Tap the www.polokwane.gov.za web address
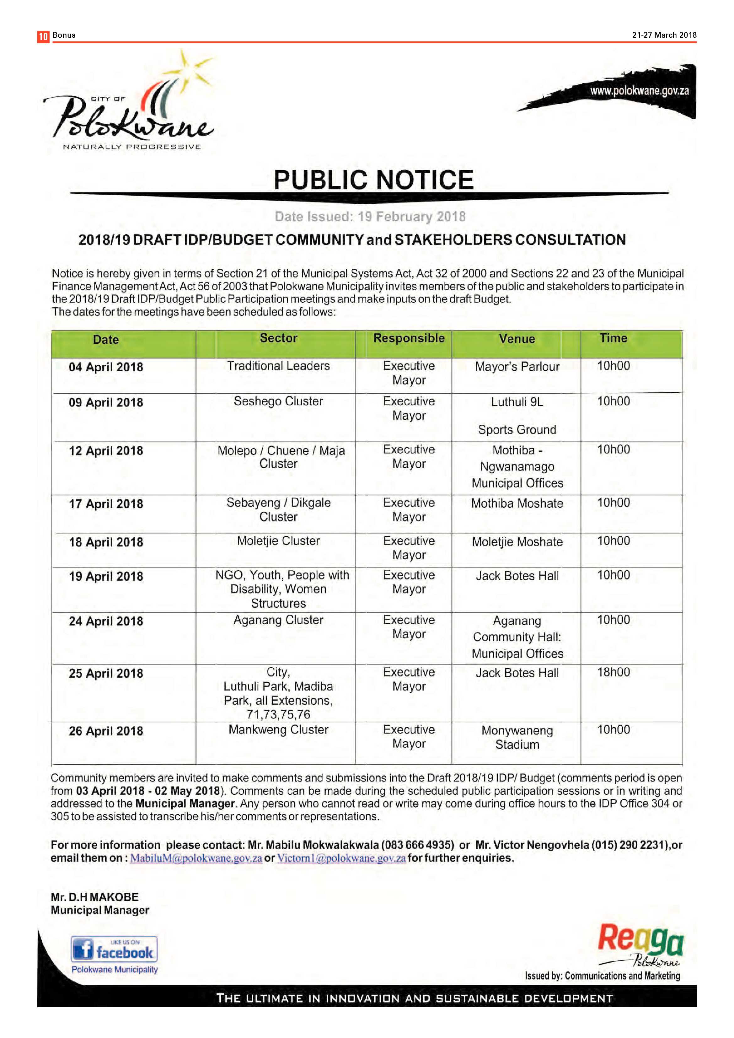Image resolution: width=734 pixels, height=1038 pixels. (639, 91)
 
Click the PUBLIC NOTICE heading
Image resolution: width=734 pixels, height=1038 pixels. (373, 180)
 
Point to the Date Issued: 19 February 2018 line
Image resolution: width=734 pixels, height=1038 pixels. (370, 217)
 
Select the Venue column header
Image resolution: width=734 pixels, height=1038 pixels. (517, 339)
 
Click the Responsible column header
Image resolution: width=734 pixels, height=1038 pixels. (409, 338)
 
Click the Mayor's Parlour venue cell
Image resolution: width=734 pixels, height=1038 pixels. (517, 367)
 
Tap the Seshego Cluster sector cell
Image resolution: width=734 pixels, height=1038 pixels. (278, 401)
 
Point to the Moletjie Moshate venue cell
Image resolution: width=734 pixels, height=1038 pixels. (517, 542)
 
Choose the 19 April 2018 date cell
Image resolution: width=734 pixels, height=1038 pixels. (106, 576)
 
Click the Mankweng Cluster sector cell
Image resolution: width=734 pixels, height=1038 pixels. (278, 730)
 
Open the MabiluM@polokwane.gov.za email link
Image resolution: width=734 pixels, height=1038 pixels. (196, 858)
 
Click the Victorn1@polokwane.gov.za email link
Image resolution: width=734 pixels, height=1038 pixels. (341, 858)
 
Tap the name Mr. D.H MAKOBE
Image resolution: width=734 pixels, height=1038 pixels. (94, 897)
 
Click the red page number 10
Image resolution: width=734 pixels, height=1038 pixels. (43, 36)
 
